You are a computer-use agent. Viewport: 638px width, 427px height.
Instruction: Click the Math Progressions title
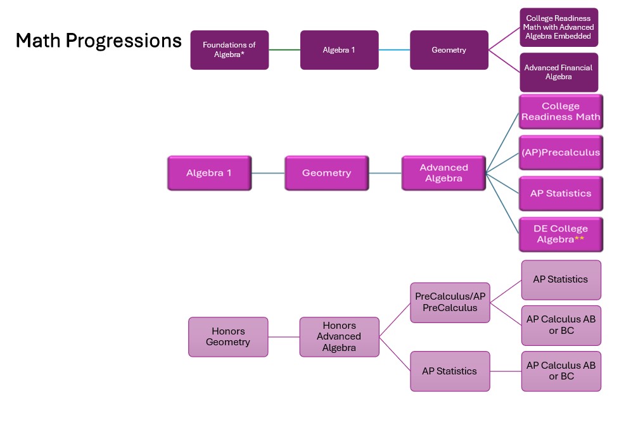click(x=98, y=41)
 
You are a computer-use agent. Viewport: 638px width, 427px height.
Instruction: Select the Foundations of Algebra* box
click(x=229, y=50)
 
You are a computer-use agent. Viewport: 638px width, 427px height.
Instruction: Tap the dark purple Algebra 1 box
click(x=339, y=50)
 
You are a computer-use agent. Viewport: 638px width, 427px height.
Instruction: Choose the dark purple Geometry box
click(x=449, y=50)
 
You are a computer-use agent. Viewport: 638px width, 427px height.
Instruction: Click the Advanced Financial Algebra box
click(x=558, y=72)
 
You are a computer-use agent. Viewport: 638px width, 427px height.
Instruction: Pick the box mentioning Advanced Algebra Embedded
click(x=558, y=27)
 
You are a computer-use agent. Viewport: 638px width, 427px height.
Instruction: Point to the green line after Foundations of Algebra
click(x=284, y=50)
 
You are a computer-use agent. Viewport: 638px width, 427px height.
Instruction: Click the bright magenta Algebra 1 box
click(x=209, y=173)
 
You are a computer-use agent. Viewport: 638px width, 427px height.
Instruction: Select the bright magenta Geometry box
click(x=326, y=173)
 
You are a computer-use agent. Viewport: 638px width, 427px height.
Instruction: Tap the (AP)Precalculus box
click(x=561, y=153)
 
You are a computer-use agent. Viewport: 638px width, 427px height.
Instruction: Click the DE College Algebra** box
click(x=561, y=234)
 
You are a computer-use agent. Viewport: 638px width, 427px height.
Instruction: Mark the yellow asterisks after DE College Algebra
click(x=579, y=239)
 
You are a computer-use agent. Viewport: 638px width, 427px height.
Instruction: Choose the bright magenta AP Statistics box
click(x=561, y=193)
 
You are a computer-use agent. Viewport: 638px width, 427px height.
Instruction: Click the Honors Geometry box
click(x=228, y=337)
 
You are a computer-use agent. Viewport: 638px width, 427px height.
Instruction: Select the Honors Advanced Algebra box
click(x=339, y=337)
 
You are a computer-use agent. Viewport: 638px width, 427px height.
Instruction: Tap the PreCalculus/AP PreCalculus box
click(x=450, y=302)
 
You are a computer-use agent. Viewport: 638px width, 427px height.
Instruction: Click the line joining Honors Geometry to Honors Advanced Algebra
click(x=284, y=337)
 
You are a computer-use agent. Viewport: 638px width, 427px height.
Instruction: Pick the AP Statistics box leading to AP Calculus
click(x=450, y=371)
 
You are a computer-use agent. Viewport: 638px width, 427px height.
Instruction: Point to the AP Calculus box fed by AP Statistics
click(x=561, y=371)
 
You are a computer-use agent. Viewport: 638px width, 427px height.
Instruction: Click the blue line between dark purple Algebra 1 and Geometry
click(x=394, y=50)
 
